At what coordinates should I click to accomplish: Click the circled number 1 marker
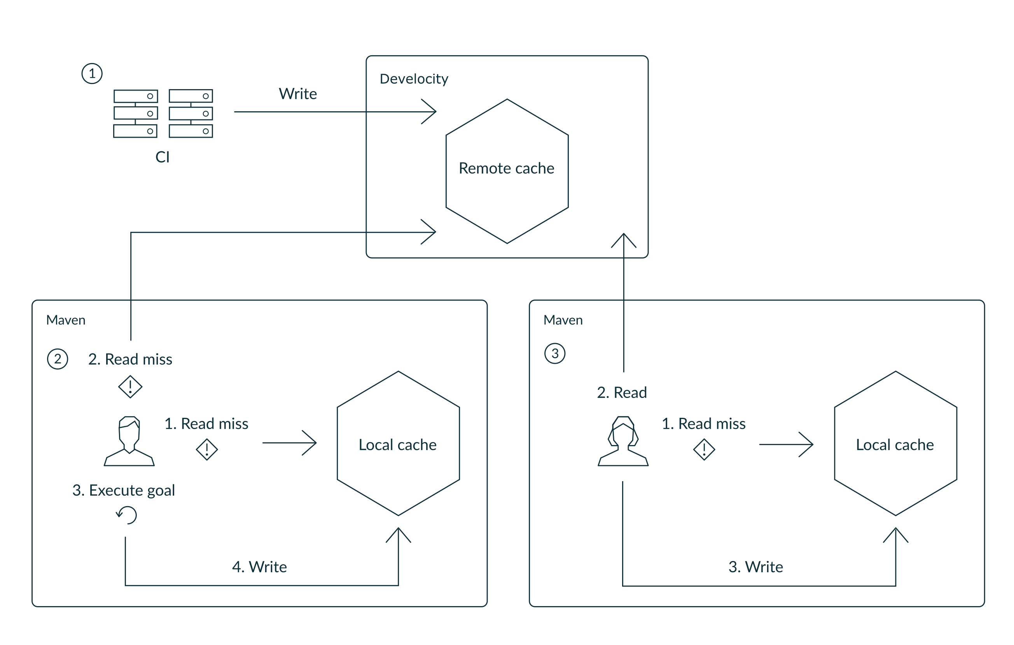92,74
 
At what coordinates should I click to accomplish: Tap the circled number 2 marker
58,359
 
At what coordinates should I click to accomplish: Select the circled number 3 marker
554,354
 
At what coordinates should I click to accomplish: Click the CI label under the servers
163,157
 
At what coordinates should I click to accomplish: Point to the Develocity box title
414,79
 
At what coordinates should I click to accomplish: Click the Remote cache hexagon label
506,168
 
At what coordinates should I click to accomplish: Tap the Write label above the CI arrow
298,93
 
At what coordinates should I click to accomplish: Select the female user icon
623,441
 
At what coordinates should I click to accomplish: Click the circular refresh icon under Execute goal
127,515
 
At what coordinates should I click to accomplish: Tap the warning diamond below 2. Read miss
130,387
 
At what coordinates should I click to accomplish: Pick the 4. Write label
259,567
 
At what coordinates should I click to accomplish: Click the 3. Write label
755,567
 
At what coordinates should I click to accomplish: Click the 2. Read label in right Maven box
622,392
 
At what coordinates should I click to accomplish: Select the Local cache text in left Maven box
397,445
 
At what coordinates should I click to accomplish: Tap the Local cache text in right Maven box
894,445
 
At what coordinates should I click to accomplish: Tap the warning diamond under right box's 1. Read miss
704,450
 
